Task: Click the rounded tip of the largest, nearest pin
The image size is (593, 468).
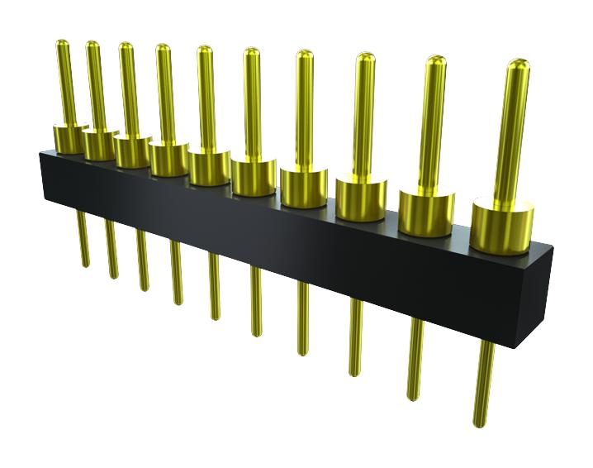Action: (x=518, y=65)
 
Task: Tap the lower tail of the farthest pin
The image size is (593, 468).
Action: (x=83, y=240)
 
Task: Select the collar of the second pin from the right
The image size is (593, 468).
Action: (x=426, y=213)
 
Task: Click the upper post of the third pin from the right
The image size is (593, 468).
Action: (x=364, y=116)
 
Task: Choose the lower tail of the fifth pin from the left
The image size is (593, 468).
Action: (x=214, y=285)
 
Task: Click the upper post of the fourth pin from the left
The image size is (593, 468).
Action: (x=165, y=91)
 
